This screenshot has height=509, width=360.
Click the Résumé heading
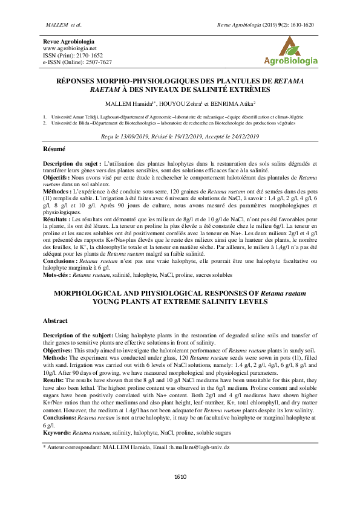click(54, 149)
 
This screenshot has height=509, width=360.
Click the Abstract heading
click(55, 320)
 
